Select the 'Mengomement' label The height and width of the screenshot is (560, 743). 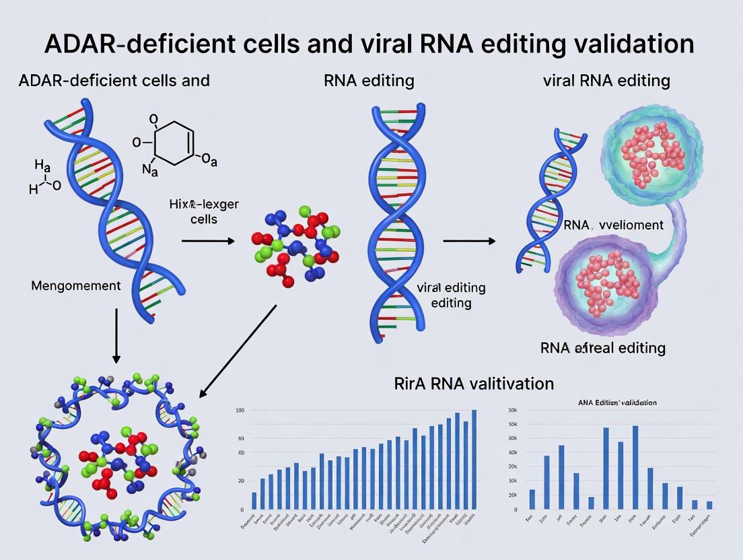[76, 285]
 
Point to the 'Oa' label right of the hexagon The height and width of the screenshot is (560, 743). [209, 160]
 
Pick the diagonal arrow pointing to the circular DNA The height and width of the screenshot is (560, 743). [239, 351]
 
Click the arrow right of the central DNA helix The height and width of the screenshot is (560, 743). [469, 240]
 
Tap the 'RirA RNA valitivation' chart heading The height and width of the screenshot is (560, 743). [474, 384]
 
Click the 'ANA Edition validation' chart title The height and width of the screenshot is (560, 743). [617, 402]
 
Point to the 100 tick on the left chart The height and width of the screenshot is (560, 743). [240, 410]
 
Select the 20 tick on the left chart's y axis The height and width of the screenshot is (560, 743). [241, 481]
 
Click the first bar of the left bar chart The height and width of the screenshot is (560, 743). [254, 500]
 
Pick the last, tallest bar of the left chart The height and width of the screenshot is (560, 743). [474, 460]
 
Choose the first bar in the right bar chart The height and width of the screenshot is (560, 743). [532, 499]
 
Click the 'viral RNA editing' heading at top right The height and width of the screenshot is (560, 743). [606, 81]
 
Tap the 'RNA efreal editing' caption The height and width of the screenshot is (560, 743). [602, 348]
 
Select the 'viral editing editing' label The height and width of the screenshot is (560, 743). [451, 295]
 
